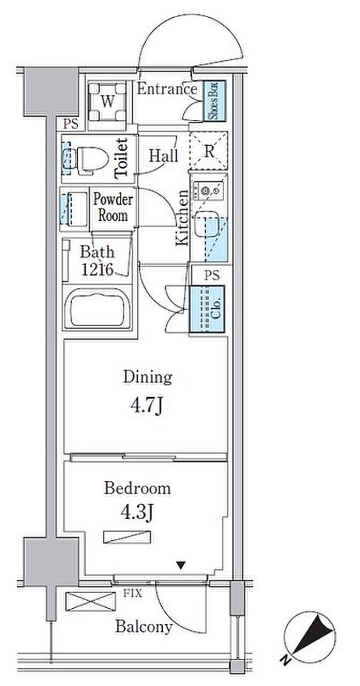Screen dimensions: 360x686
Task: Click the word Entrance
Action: coord(167,89)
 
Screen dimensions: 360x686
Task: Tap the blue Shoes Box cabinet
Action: coord(214,101)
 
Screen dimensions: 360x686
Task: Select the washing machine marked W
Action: coord(108,102)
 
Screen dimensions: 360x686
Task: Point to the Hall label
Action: coord(163,156)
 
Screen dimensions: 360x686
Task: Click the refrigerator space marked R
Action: coord(209,151)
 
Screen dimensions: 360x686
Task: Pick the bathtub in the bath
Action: coord(97,309)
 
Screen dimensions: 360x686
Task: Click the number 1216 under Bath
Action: coord(97,270)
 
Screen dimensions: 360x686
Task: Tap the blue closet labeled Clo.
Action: coord(207,309)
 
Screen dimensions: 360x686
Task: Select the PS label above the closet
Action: coord(212,275)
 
